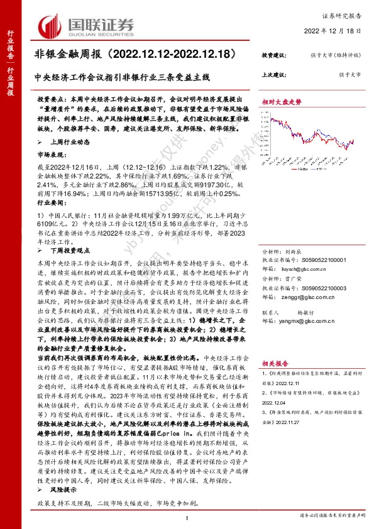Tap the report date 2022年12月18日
tap(333, 30)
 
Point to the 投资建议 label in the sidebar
tap(273, 55)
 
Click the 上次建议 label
tap(273, 74)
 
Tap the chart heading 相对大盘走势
tap(282, 101)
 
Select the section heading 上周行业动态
tap(67, 142)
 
